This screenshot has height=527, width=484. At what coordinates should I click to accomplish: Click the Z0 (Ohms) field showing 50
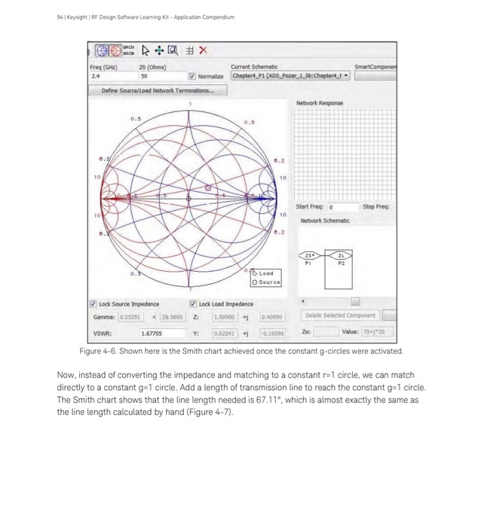point(159,76)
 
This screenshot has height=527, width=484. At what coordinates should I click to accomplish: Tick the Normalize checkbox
point(191,76)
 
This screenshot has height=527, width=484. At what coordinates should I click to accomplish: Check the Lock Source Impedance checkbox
point(93,304)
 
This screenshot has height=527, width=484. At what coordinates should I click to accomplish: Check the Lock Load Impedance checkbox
point(193,304)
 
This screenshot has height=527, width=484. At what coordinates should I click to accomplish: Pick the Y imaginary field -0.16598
point(274,332)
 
